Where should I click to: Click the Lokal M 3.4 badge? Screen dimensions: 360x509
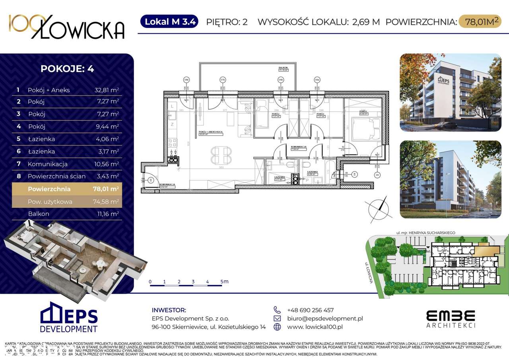coord(169,21)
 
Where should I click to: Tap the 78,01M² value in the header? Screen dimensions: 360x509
coord(480,21)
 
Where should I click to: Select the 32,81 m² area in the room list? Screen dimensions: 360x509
coord(106,90)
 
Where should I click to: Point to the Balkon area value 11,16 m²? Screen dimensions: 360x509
coord(106,214)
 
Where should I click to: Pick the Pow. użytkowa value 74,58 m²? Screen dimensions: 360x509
coord(106,201)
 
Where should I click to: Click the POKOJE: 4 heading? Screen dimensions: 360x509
coord(67,68)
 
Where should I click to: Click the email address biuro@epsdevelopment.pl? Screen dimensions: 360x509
coord(325,318)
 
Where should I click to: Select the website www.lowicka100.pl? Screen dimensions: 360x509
coord(315,327)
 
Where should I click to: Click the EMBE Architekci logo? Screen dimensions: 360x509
coord(451,319)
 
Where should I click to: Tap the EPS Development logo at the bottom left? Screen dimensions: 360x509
coord(69,317)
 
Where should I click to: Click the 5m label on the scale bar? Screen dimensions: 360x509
coord(224,282)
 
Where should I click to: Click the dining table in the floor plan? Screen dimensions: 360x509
coord(220,155)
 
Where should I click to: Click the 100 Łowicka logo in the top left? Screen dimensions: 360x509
coord(67,27)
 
